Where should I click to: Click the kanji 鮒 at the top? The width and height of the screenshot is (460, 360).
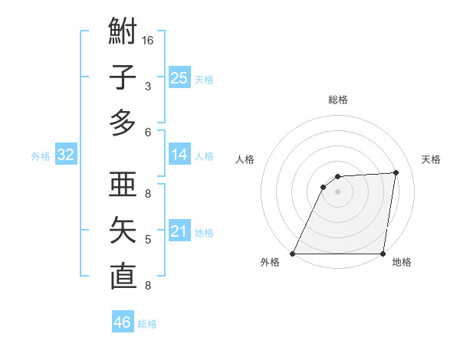coord(123,32)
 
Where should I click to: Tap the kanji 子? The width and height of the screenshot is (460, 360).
coord(123,77)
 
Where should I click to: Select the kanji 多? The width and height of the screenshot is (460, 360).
coord(123,123)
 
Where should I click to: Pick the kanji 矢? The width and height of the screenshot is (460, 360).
coord(123,231)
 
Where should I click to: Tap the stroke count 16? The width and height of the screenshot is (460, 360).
coord(148,40)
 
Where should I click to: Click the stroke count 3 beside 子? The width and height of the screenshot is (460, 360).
coord(148,87)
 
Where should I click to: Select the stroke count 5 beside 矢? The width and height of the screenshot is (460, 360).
coord(148,240)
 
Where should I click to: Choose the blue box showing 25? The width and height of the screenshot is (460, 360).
coord(179,77)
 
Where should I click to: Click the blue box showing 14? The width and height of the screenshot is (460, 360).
coord(179,155)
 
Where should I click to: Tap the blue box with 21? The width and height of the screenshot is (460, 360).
coord(179,231)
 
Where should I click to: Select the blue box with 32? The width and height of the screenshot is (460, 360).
coord(66,155)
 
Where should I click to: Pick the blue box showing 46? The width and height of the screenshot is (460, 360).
coord(123,322)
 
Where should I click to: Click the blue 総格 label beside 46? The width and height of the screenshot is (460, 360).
coord(147,324)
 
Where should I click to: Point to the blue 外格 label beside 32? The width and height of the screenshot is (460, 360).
coord(41,156)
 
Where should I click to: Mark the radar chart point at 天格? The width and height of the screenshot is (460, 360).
coord(396,172)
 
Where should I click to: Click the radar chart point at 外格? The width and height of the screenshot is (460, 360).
coord(293,254)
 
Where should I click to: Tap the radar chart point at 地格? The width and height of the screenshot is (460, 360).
coord(383,254)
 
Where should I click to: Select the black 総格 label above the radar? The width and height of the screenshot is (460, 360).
coord(337,100)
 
